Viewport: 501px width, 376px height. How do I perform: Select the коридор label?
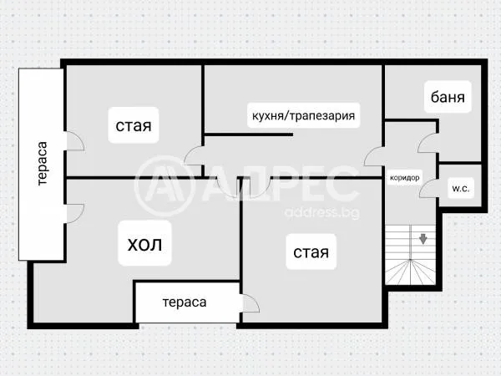coord(404,177)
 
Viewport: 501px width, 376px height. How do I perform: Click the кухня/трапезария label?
coord(304,115)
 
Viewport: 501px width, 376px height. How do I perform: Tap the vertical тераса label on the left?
coord(43,165)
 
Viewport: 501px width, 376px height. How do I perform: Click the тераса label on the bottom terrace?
coord(184,302)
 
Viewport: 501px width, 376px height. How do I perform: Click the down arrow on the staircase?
coord(423,238)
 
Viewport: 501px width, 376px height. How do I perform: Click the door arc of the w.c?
coord(428,187)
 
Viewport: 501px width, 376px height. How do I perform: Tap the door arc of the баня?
coord(428,143)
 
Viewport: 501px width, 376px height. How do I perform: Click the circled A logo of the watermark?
coord(164,186)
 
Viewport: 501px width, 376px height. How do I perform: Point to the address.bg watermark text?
coord(321,211)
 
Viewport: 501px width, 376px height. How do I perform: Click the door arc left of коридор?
coord(373,155)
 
